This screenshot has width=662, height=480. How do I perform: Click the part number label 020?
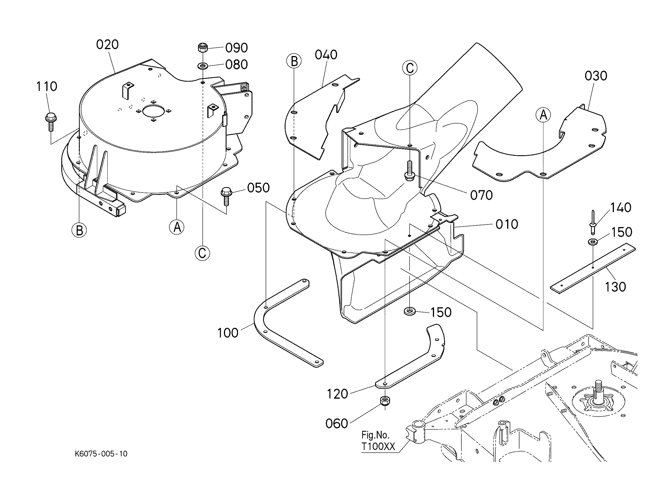pos(107,45)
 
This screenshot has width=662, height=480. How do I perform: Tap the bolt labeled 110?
pos(51,122)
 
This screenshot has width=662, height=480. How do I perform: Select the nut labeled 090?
pos(203,47)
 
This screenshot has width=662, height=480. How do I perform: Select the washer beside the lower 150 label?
pos(410,311)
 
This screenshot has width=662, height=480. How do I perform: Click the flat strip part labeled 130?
pos(593,268)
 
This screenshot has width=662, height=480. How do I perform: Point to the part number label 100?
pos(228,333)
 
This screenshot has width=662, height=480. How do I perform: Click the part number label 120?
pos(337,394)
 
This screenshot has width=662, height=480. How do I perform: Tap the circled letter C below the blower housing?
pos(202,253)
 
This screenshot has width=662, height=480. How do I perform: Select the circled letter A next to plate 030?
pos(543,115)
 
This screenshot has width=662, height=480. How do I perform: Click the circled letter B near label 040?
pos(294,62)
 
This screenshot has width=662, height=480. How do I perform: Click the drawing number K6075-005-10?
pos(101,454)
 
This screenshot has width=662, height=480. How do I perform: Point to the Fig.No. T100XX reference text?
pos(378,441)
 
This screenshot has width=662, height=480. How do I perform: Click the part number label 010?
pos(507,224)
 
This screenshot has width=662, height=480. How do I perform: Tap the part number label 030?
pos(596,76)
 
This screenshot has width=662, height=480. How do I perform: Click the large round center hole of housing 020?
pos(154,111)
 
